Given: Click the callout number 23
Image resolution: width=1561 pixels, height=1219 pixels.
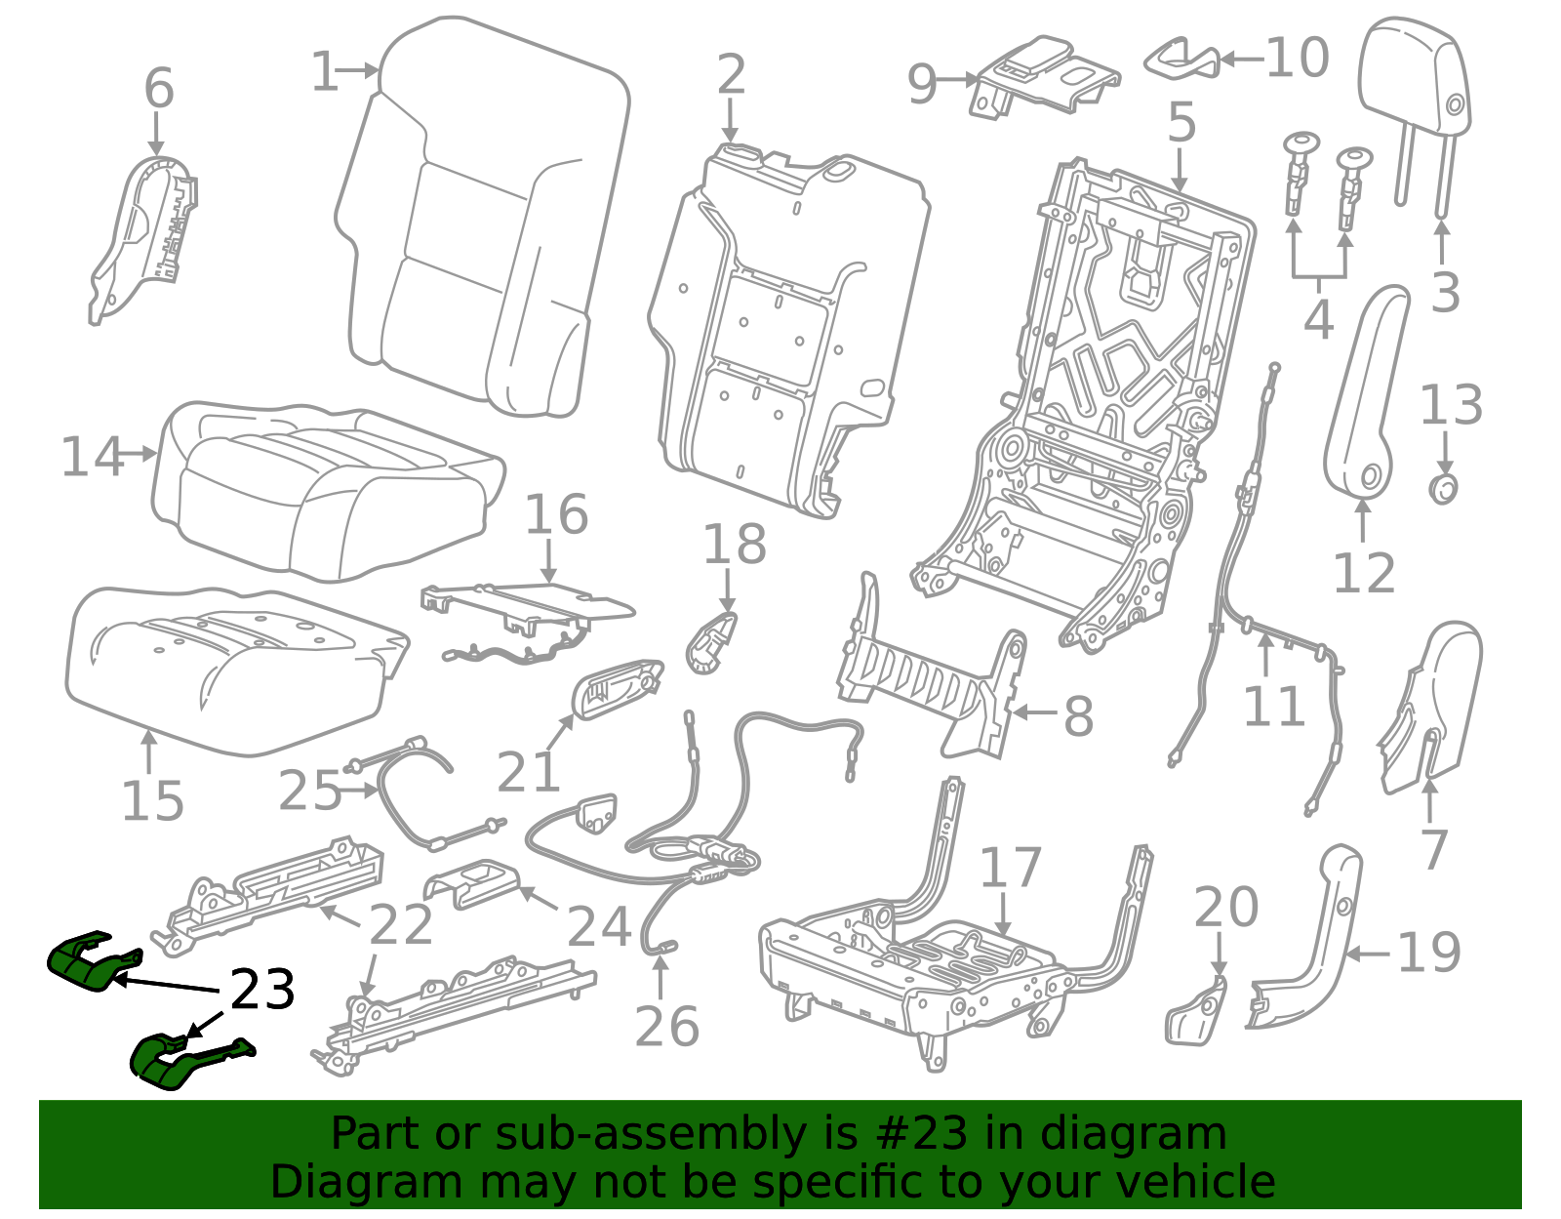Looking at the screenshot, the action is [262, 990].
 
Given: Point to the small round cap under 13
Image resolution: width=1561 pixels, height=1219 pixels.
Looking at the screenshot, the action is [1444, 489].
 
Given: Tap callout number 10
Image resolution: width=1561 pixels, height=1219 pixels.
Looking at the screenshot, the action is [1298, 58].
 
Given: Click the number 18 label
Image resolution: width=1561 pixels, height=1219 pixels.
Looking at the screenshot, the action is [735, 544].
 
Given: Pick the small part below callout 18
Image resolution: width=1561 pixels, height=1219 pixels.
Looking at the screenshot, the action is [711, 643].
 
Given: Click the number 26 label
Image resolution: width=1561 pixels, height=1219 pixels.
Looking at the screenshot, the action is [666, 1027].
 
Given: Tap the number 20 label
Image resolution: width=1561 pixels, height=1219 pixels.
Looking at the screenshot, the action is [1226, 908].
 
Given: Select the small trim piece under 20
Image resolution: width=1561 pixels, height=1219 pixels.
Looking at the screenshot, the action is [1196, 1011].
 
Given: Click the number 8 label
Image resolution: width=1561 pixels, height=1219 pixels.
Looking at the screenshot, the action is [1078, 716].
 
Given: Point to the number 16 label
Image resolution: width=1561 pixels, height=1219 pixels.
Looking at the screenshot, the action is [557, 514].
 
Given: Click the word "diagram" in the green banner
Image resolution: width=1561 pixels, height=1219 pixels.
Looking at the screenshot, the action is [1133, 1133].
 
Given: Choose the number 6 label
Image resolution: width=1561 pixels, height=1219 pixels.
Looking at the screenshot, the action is [159, 89].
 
